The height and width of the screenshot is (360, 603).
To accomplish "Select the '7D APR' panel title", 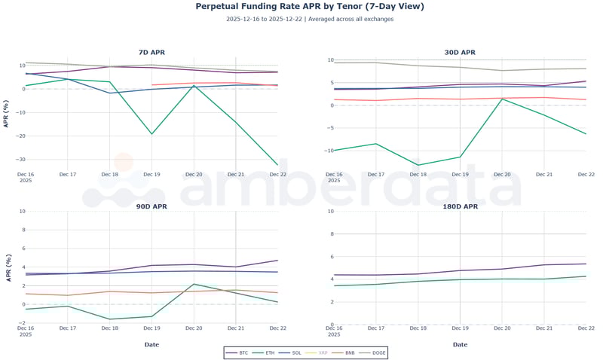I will [152, 53].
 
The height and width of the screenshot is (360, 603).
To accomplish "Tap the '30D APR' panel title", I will [460, 53].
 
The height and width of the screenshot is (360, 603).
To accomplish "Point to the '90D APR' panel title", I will [152, 206].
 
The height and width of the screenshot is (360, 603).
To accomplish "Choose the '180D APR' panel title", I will [460, 206].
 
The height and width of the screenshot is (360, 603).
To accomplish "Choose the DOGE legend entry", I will [376, 352].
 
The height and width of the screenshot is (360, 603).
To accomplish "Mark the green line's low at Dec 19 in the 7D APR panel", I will [152, 134].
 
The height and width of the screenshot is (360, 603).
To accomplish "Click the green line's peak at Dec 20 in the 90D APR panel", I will [194, 284].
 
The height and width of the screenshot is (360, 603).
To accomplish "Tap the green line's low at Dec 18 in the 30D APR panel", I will [418, 165].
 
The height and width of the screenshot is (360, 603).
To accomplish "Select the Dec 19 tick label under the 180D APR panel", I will [460, 328].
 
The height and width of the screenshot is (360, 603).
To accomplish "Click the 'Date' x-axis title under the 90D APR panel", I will [152, 344].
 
